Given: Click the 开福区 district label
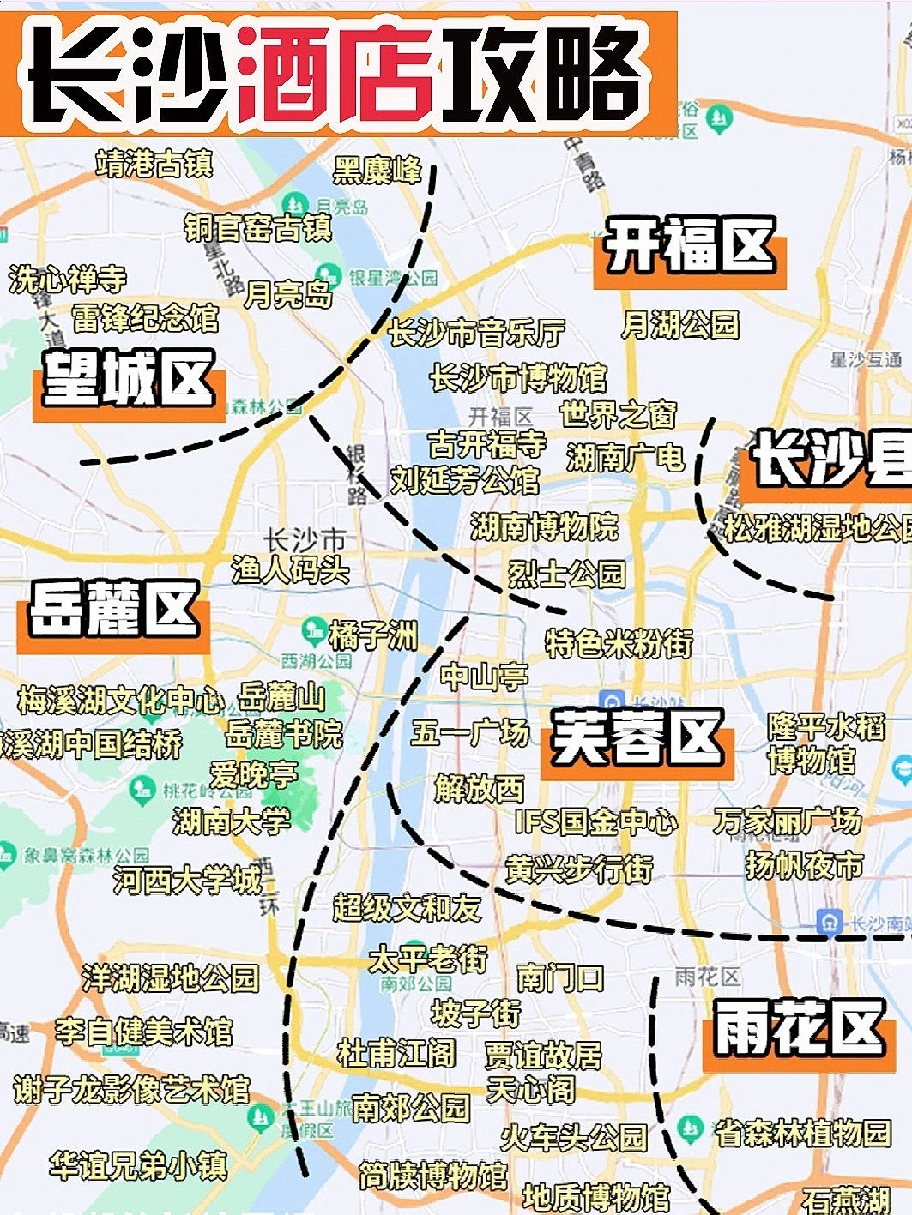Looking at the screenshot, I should click(690, 246).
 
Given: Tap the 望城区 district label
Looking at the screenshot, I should click(129, 380).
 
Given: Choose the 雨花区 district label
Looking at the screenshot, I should click(799, 1028).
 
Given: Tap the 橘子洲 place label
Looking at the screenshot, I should click(373, 636).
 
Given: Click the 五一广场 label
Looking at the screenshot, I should click(470, 732).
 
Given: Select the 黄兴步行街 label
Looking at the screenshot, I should click(579, 869).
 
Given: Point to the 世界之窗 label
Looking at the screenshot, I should click(619, 414).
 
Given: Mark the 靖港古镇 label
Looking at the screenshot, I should click(154, 163).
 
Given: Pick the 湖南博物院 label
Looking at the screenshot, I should click(544, 526).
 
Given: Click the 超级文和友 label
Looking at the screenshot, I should click(407, 907).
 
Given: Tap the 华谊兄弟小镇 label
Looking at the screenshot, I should click(138, 1164).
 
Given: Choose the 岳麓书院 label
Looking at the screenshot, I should click(284, 734).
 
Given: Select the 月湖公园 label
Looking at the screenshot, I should click(679, 324).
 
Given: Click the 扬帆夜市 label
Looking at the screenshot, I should click(804, 865).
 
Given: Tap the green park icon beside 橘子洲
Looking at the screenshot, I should click(314, 630).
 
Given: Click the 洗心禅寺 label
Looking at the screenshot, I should click(67, 278).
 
